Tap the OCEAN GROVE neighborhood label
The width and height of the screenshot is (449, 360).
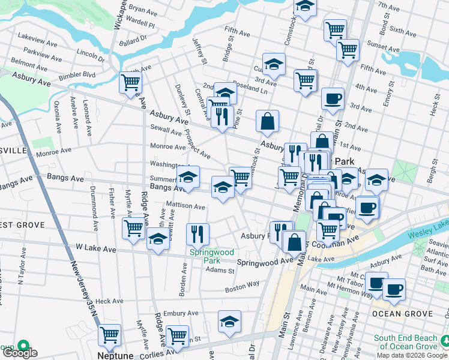tap(402, 314)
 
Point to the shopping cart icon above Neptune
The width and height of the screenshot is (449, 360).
tap(110, 336)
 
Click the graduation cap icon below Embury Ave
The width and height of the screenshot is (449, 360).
tap(229, 322)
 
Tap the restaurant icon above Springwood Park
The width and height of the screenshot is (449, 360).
tap(197, 234)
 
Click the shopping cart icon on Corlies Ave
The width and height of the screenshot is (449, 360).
tap(177, 337)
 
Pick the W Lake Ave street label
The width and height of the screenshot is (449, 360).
tap(96, 248)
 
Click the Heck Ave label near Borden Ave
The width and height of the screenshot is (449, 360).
tap(109, 301)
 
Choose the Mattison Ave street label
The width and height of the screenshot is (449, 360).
tap(185, 206)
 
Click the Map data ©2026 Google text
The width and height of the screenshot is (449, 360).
tap(411, 355)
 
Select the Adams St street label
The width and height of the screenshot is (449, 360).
tap(220, 271)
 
